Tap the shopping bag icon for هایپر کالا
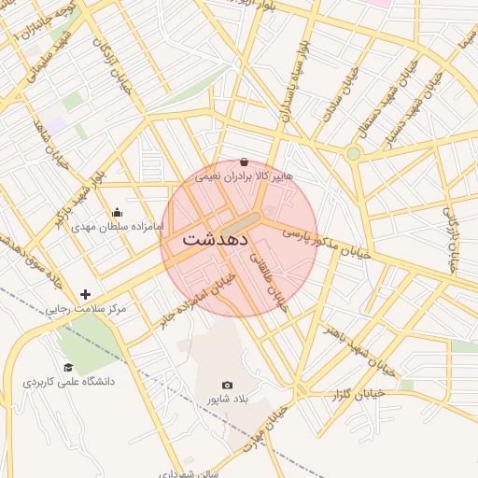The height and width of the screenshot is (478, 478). (x=244, y=162)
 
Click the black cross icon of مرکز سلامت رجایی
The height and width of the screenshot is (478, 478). (x=86, y=294)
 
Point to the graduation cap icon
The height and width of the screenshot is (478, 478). (x=68, y=368)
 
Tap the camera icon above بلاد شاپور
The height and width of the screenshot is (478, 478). (x=227, y=385)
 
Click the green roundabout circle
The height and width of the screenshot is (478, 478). (x=353, y=153)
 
